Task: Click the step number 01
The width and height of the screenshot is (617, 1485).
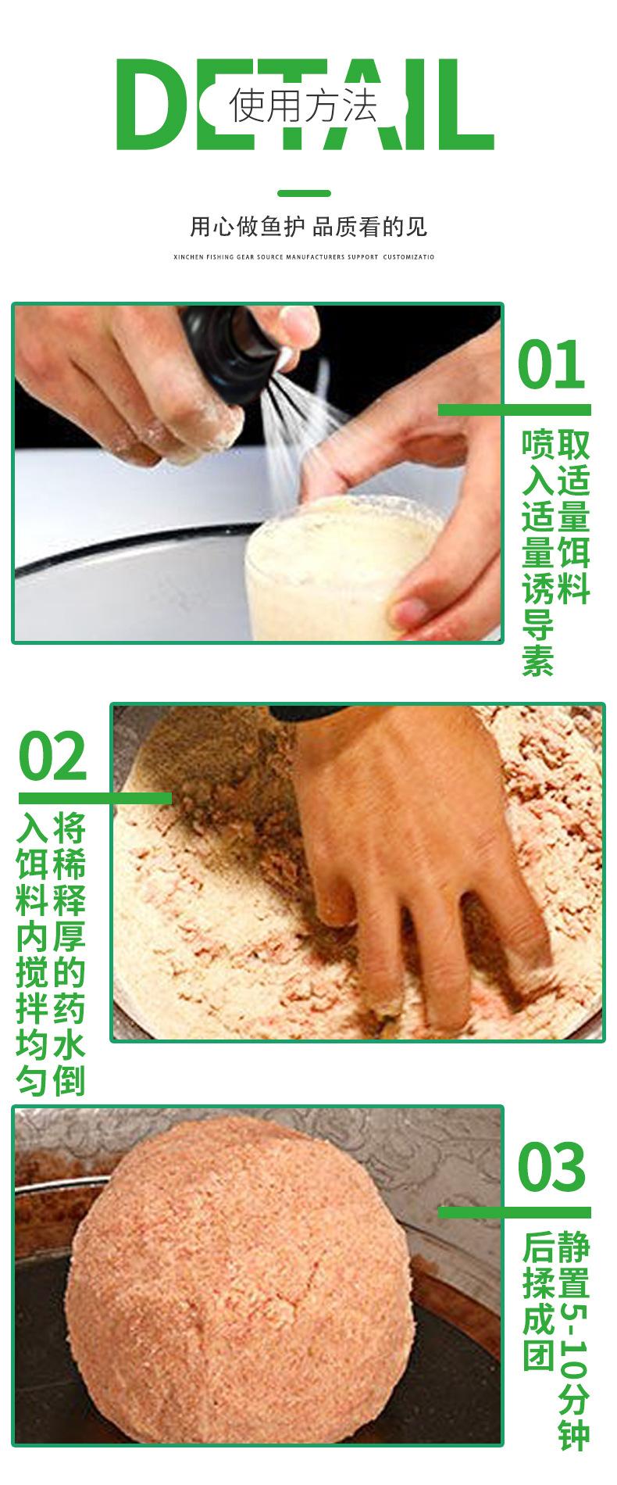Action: [551, 365]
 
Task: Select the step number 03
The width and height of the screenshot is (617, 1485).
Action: [551, 1166]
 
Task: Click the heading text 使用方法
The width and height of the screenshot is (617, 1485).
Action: [303, 106]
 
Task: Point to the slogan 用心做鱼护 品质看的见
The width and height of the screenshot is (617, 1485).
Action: [308, 227]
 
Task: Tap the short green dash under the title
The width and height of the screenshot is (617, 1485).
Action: [305, 193]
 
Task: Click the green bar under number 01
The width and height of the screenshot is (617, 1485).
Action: [514, 410]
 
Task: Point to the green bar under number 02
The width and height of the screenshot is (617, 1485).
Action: [95, 798]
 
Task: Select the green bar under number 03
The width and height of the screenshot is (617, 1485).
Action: [514, 1211]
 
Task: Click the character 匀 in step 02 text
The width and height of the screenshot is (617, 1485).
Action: [34, 1080]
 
